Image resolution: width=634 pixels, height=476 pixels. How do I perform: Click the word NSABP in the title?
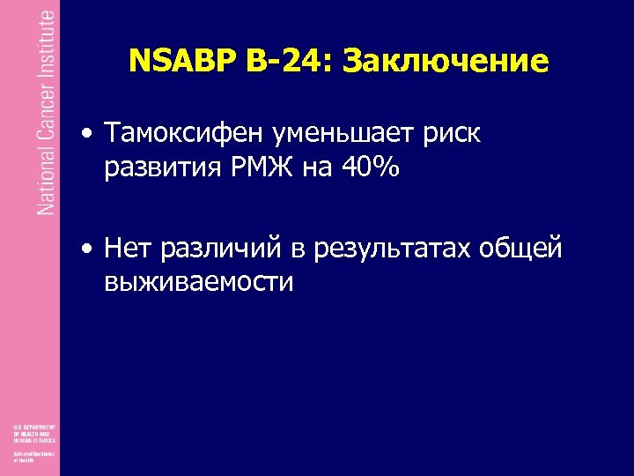click(179, 61)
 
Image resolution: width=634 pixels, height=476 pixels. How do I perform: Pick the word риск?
click(454, 135)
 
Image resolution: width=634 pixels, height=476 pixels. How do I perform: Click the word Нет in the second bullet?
click(127, 249)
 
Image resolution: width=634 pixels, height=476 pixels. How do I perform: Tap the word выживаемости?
click(198, 281)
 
